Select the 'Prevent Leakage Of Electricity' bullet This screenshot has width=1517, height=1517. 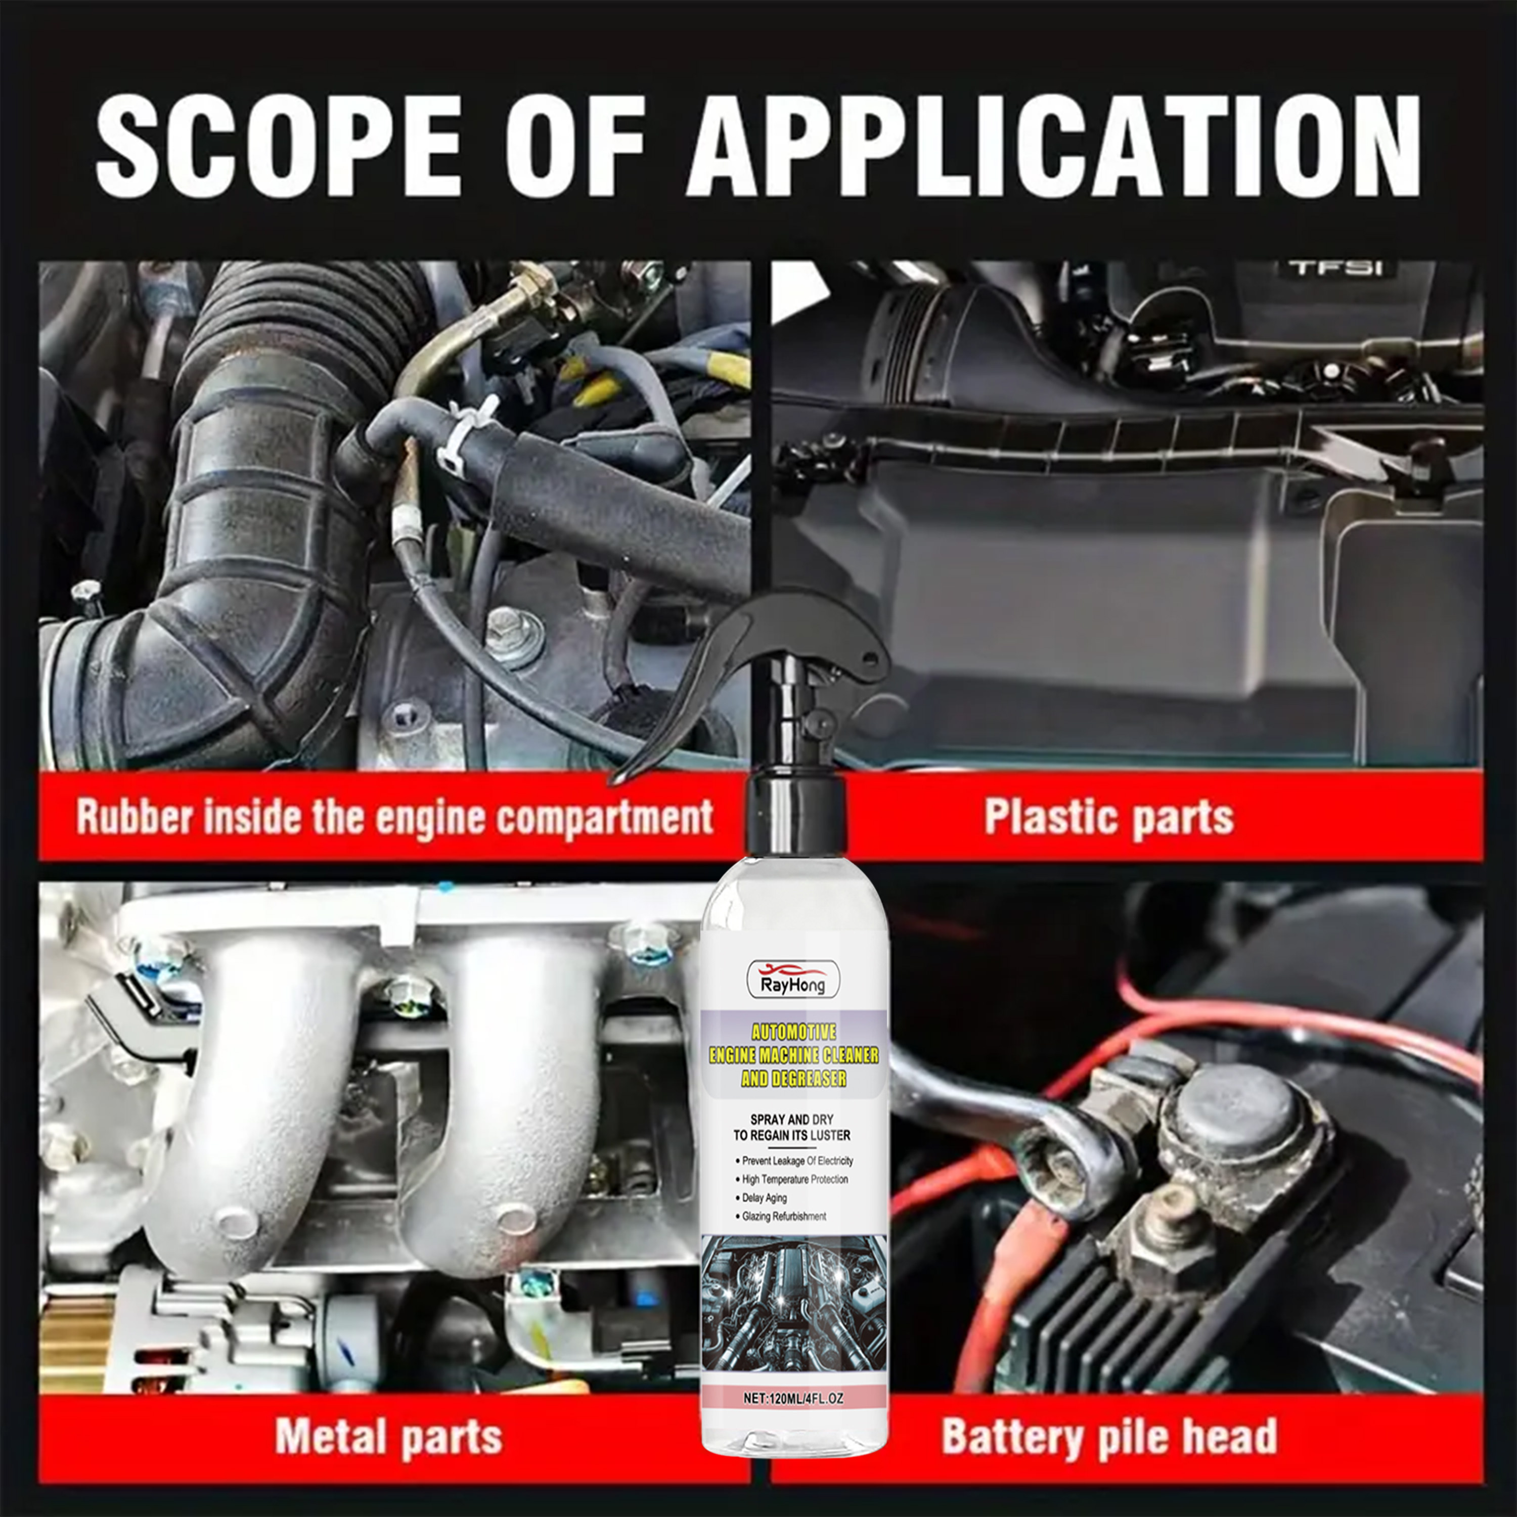(794, 1161)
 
